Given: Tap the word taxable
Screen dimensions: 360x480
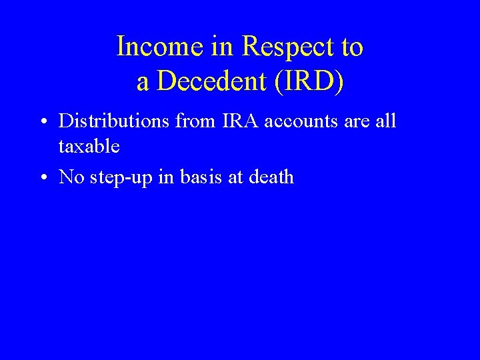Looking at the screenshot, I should click(x=89, y=146).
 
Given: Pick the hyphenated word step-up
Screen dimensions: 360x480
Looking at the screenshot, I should click(x=121, y=178).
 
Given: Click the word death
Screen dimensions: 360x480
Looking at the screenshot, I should click(x=270, y=177).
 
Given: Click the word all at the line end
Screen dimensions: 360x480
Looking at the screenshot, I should click(x=385, y=121).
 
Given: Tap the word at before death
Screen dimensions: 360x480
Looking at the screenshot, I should click(x=235, y=177).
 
